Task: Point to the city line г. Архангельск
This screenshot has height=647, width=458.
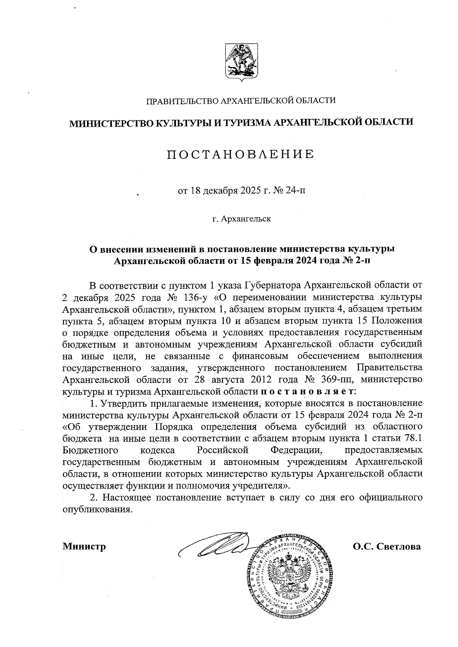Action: pyautogui.click(x=242, y=219)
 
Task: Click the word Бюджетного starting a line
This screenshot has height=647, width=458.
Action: pyautogui.click(x=90, y=450)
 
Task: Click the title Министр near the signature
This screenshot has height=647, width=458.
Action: pyautogui.click(x=84, y=546)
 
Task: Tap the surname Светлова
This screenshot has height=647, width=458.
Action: pyautogui.click(x=398, y=546)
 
